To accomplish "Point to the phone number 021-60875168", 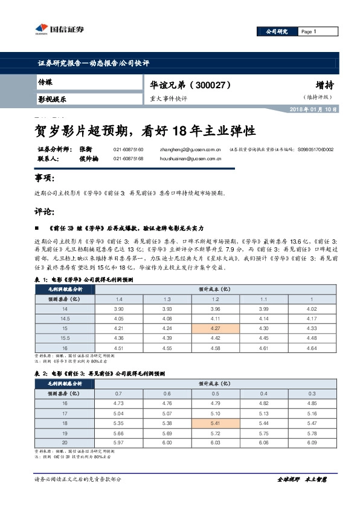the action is pyautogui.click(x=128, y=158).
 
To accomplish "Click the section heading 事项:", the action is pyautogui.click(x=45, y=178).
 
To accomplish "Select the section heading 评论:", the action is pyautogui.click(x=45, y=212).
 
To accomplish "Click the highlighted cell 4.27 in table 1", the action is pyautogui.click(x=215, y=329).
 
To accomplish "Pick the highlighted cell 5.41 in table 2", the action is pyautogui.click(x=215, y=423).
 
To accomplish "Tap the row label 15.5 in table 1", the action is pyautogui.click(x=65, y=338).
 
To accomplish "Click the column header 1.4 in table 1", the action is pyautogui.click(x=119, y=300).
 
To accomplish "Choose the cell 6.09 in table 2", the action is pyautogui.click(x=311, y=442).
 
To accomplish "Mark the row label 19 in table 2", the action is pyautogui.click(x=65, y=432).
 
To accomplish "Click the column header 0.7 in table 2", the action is pyautogui.click(x=119, y=394).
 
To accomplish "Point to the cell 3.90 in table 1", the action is pyautogui.click(x=119, y=310).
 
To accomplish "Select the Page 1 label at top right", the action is pyautogui.click(x=308, y=32).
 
